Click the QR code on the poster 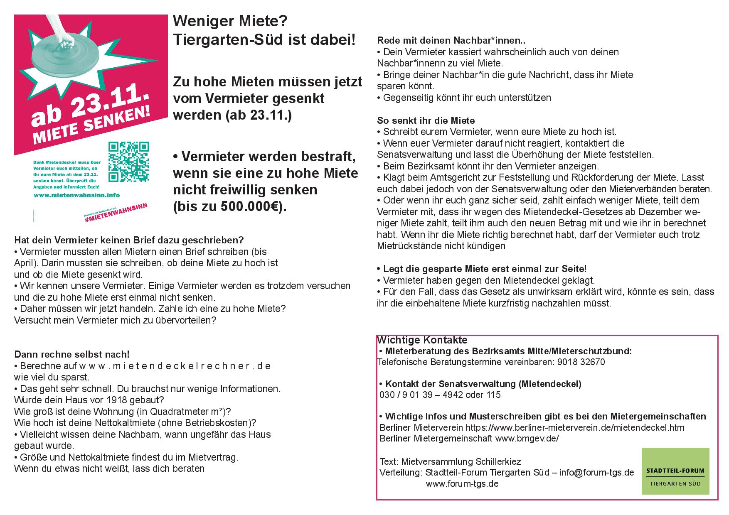pyautogui.click(x=128, y=162)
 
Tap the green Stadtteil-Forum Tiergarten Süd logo pyautogui.click(x=675, y=471)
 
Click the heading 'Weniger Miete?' pyautogui.click(x=230, y=21)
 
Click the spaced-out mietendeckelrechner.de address pyautogui.click(x=175, y=366)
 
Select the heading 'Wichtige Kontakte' pyautogui.click(x=422, y=340)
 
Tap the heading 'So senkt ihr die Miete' pyautogui.click(x=426, y=120)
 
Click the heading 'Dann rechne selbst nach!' pyautogui.click(x=72, y=354)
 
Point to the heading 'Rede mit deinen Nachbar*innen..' pyautogui.click(x=451, y=41)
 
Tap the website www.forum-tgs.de pyautogui.click(x=462, y=483)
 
